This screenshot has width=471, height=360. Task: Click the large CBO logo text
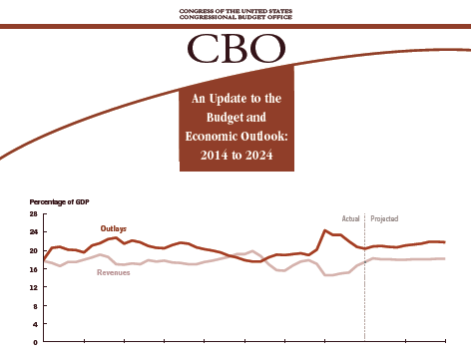(236, 49)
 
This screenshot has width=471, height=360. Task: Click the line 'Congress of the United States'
(235, 11)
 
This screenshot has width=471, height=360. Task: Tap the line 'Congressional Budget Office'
(235, 17)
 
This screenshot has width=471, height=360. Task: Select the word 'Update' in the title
(229, 99)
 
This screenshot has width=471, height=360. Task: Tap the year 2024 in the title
(259, 156)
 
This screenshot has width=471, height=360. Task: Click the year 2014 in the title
(214, 156)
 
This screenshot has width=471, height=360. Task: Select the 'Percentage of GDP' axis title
(59, 202)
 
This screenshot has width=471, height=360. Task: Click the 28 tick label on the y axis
(34, 213)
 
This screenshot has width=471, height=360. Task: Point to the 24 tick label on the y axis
(34, 232)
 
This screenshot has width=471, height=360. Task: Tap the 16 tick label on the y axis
(34, 269)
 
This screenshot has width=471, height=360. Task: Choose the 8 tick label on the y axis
(36, 306)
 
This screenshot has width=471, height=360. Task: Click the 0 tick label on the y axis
(36, 342)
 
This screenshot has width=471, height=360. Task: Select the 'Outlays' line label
(114, 229)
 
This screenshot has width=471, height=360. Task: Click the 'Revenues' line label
(114, 272)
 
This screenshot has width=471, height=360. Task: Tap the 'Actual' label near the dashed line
(351, 218)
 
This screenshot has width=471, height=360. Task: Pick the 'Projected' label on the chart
(384, 219)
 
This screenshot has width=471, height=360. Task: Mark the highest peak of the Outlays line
(325, 230)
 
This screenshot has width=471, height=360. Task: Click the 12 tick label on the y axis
(34, 287)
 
